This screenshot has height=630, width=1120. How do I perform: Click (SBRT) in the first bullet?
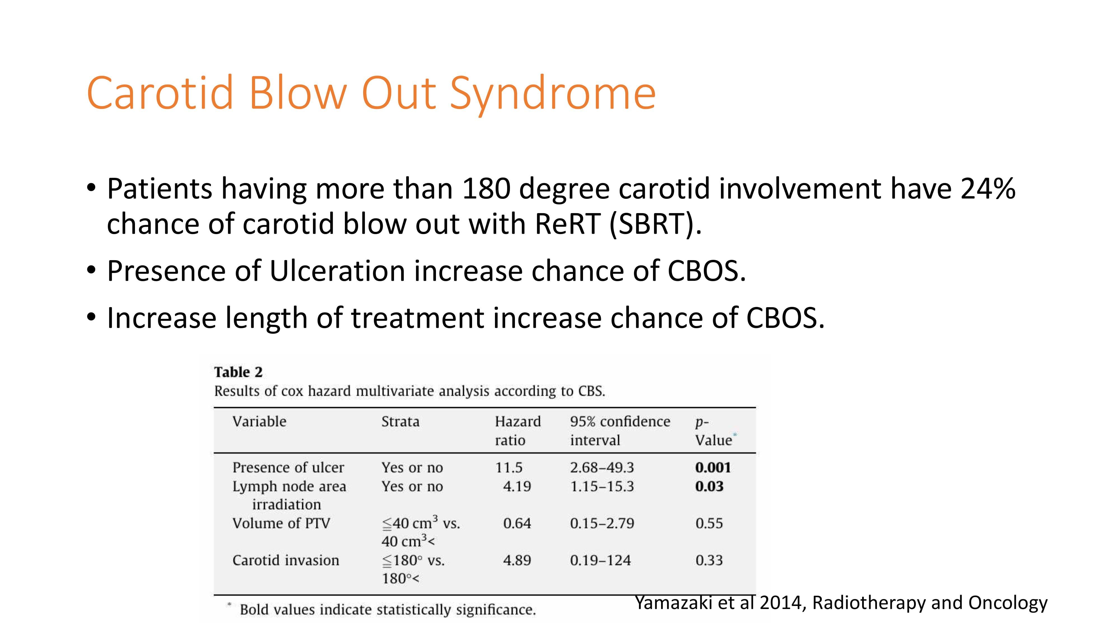click(x=655, y=224)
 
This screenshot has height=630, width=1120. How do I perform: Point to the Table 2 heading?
click(x=238, y=372)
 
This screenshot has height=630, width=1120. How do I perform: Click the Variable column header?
click(x=259, y=421)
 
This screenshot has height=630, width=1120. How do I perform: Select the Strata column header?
click(x=400, y=421)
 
